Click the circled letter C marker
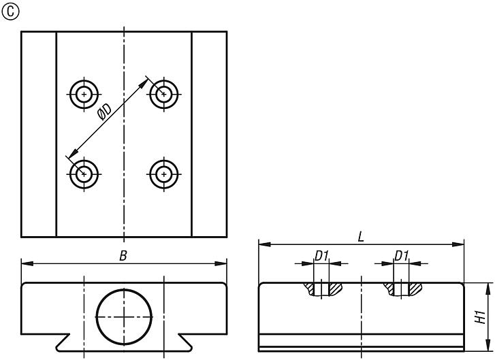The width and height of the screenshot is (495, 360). tap(10, 12)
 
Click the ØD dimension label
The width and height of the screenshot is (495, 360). tap(105, 113)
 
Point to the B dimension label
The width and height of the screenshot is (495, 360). tap(123, 256)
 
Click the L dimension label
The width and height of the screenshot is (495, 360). tap(361, 237)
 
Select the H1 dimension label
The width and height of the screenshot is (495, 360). tap(480, 316)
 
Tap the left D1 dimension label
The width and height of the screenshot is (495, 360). tap(321, 256)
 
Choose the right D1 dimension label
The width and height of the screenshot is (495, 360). tap(402, 256)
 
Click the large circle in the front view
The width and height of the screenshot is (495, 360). tap(96, 316)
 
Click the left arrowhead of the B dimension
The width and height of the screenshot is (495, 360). tap(27, 263)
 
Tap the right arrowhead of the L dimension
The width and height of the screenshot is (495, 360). tap(458, 244)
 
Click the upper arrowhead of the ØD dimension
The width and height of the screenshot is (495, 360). tap(144, 83)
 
